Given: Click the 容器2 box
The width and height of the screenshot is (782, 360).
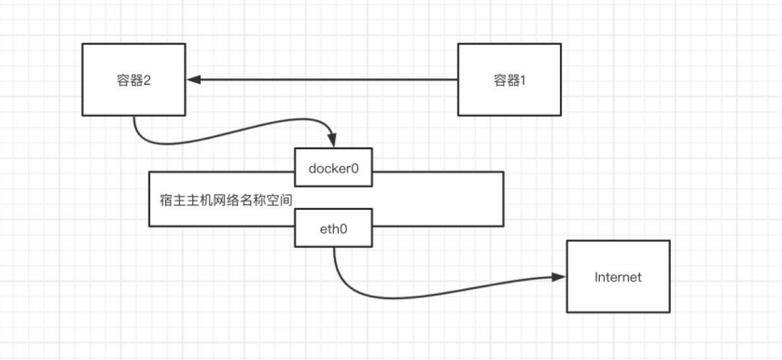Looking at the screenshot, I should coord(135,80).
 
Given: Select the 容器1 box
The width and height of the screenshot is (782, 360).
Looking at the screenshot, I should coord(510,80).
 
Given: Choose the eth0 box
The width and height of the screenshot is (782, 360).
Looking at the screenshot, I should coord(333,228).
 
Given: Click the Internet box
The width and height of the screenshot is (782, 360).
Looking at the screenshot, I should coord(618,277).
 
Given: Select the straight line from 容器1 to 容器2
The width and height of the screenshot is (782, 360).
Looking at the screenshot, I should coord(327,80).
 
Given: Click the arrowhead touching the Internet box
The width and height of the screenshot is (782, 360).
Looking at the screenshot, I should coord(559,277).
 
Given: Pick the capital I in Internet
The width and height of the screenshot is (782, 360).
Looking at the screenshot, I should coord(597,277).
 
